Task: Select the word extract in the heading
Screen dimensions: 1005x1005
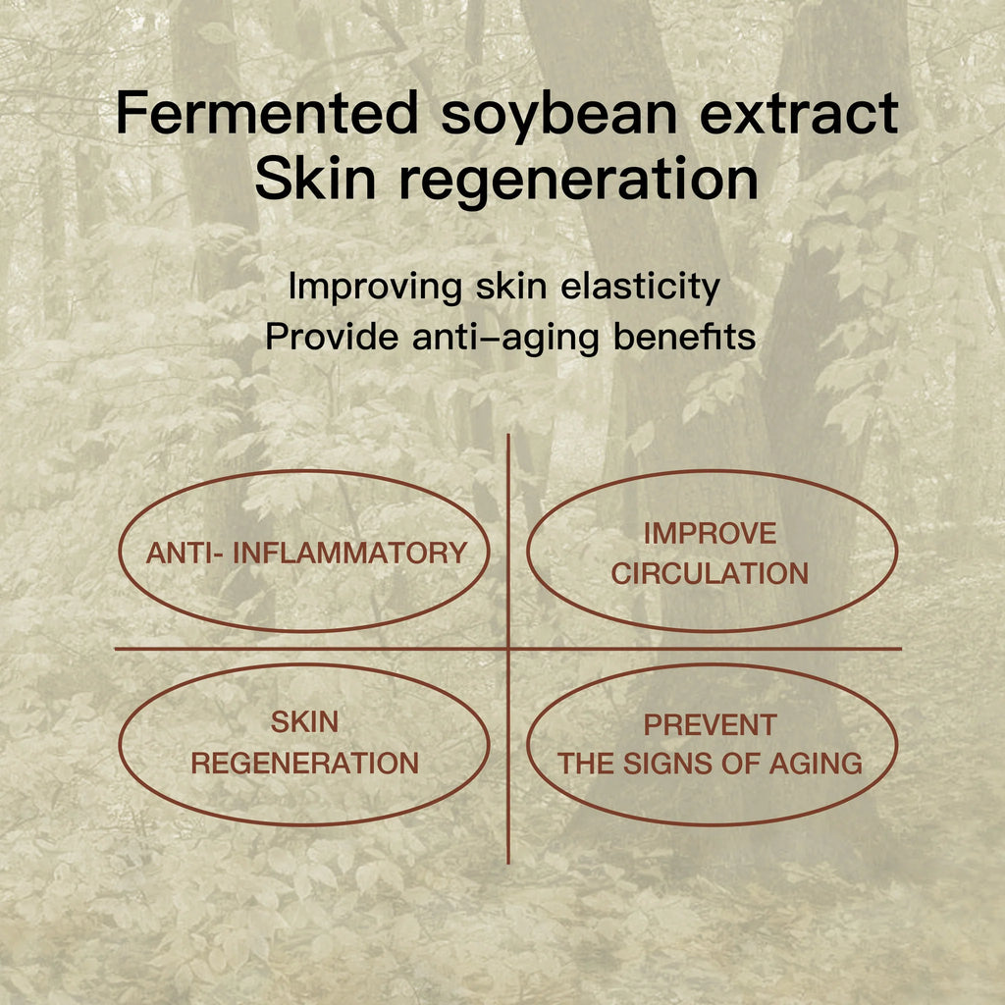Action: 799,114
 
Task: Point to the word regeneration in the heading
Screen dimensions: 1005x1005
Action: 579,182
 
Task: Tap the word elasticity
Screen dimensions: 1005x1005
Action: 640,287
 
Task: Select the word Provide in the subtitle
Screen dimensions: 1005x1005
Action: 332,336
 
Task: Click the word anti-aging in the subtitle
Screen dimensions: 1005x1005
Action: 505,338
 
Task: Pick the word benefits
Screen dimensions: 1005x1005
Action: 684,336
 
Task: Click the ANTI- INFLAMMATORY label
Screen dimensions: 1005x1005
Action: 306,553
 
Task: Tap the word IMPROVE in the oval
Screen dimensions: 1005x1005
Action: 711,533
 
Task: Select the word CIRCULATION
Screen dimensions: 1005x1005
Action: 711,573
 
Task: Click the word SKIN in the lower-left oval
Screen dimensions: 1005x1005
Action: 304,722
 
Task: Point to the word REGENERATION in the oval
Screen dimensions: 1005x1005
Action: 304,764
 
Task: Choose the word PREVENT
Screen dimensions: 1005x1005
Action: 711,725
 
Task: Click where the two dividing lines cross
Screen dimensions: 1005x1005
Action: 508,649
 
